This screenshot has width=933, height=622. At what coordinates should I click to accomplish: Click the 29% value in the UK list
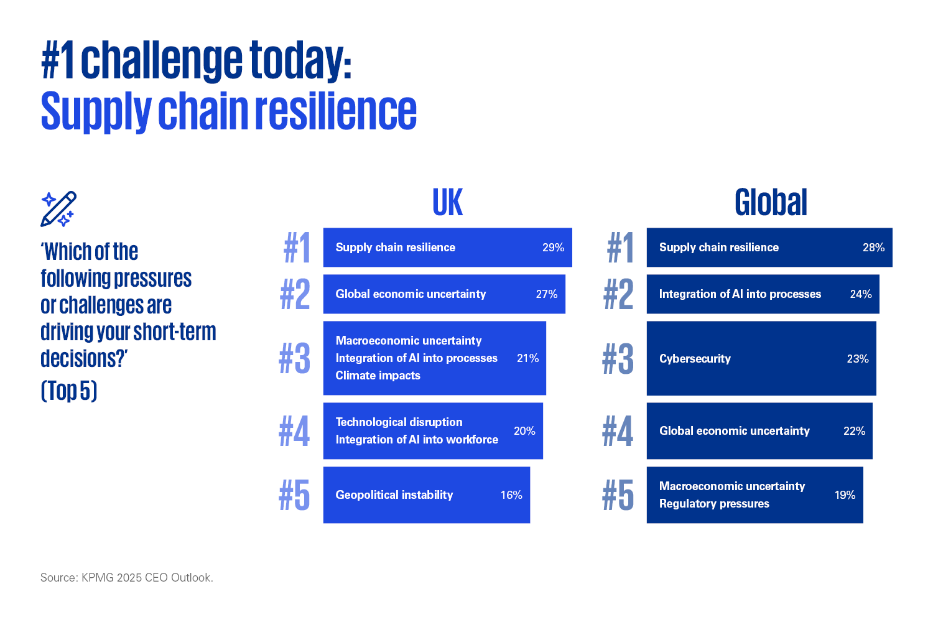(x=553, y=248)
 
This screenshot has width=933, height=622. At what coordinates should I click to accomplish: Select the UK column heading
(x=448, y=203)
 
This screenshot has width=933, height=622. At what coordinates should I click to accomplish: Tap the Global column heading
(x=771, y=203)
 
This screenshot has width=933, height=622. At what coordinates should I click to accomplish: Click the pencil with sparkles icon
(x=58, y=209)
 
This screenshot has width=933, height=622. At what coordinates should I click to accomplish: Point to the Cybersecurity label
(x=695, y=359)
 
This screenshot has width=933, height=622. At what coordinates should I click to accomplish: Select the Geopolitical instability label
(x=394, y=495)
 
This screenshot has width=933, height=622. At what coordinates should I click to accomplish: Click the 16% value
(x=511, y=495)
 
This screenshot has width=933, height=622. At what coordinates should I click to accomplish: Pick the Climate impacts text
(x=378, y=376)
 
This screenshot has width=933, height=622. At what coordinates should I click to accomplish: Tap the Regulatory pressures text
(x=714, y=504)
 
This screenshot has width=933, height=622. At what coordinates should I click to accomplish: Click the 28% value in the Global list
(x=873, y=248)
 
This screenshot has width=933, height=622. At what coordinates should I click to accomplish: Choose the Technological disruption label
(x=399, y=422)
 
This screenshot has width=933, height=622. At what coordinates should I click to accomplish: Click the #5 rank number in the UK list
(x=294, y=495)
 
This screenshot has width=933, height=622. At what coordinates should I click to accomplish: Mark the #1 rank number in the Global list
(x=620, y=248)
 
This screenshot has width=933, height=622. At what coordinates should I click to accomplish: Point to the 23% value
(x=858, y=359)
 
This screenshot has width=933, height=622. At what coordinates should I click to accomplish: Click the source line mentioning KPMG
(x=127, y=577)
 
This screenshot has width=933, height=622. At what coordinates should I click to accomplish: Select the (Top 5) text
(x=68, y=391)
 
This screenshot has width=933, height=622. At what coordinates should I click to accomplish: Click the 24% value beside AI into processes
(x=860, y=294)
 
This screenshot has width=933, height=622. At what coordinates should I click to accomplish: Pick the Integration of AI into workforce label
(x=417, y=440)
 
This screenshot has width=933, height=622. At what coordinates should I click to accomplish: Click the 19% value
(x=845, y=495)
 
